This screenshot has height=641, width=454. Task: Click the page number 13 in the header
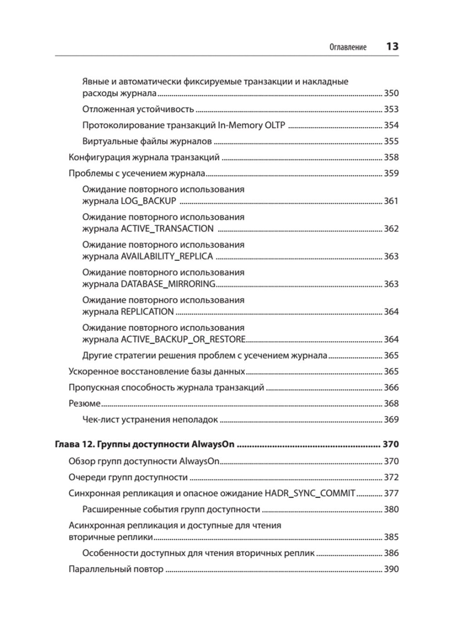click(392, 46)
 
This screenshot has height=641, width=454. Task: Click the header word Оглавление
click(348, 47)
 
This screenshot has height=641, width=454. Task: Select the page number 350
click(391, 93)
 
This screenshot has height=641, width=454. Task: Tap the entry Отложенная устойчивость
click(138, 109)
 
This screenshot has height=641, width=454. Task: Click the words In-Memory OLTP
click(252, 125)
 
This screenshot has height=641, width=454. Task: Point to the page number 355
click(391, 142)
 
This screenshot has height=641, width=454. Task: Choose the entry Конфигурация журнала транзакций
click(144, 157)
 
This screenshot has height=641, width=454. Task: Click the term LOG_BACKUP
click(148, 201)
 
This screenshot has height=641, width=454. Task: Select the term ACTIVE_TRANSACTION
click(167, 229)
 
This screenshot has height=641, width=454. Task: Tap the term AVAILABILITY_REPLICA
click(167, 256)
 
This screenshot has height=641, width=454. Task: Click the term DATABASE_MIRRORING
click(168, 284)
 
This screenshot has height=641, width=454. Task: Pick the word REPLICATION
click(147, 312)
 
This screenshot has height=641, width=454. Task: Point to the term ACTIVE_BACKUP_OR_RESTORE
click(183, 339)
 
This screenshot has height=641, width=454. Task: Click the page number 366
click(391, 387)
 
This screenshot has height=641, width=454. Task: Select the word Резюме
click(84, 404)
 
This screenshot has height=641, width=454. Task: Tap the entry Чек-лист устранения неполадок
click(150, 420)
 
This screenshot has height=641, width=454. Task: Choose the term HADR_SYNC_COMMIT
click(310, 493)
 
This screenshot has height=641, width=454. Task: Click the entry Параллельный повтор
click(116, 569)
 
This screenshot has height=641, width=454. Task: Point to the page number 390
click(391, 569)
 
